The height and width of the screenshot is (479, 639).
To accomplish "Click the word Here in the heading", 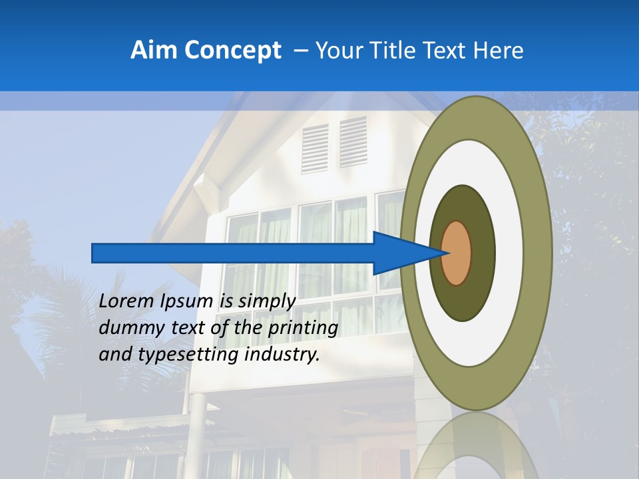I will [499, 51].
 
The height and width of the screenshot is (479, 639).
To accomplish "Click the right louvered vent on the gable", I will [353, 142].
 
